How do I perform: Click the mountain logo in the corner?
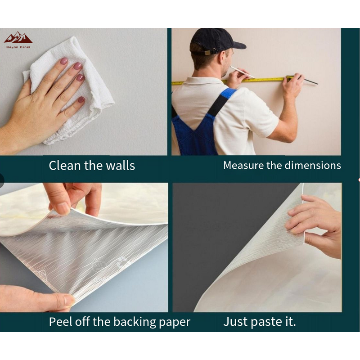tap(18, 38)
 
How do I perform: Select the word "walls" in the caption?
tap(120, 165)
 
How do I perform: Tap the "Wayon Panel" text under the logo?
tap(18, 47)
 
